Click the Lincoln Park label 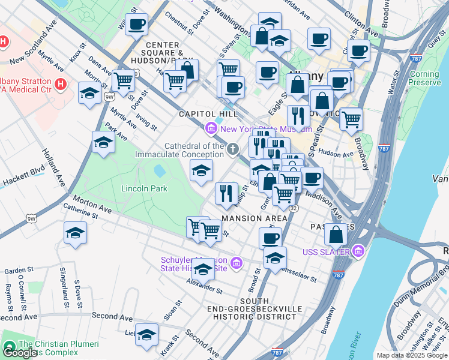click(144, 188)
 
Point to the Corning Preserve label click(424, 78)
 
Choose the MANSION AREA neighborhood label click(250, 218)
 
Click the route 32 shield click(294, 208)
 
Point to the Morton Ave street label click(92, 203)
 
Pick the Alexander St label click(204, 286)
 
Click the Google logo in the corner click(19, 353)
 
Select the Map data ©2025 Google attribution click(412, 355)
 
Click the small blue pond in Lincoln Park click(160, 171)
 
